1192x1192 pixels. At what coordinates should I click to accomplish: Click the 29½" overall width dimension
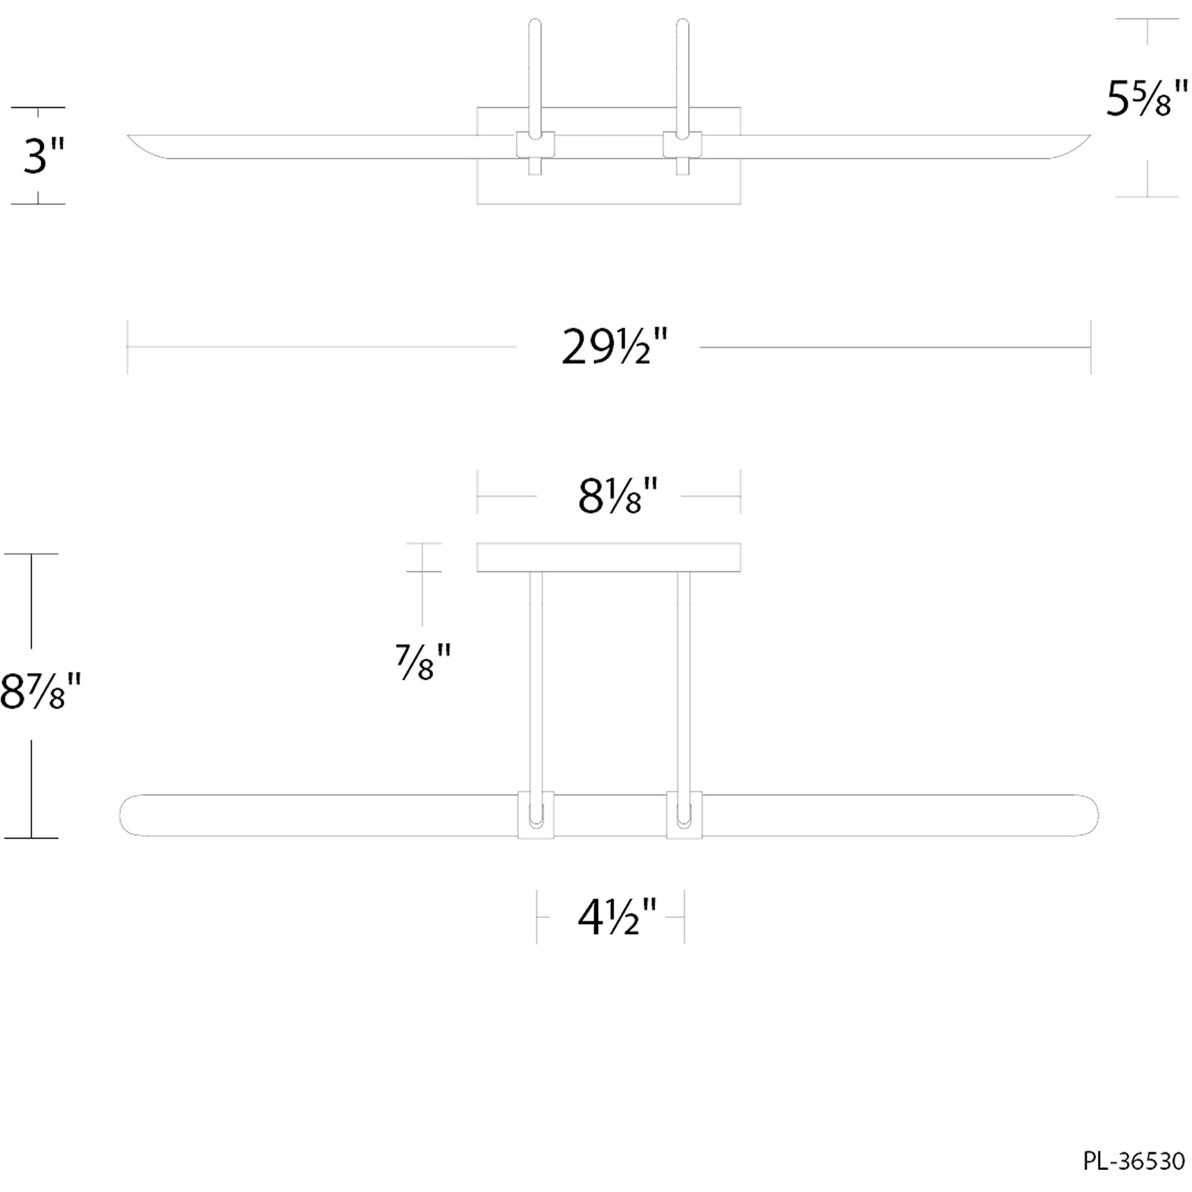coord(614,348)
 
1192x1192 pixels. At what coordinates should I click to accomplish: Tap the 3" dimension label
coord(44,156)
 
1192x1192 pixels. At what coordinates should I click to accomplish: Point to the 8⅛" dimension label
coord(617,497)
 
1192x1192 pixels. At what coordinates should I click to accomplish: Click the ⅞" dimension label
coord(423,661)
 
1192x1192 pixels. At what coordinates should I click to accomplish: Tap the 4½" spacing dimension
coord(616,918)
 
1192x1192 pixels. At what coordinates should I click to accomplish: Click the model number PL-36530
coord(1133,1161)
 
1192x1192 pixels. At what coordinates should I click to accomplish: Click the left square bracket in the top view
coord(535,144)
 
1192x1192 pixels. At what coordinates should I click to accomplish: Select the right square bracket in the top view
coord(682,144)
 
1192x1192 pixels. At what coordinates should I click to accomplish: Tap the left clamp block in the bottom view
coord(536,815)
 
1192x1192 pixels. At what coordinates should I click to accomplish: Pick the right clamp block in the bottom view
coord(684,815)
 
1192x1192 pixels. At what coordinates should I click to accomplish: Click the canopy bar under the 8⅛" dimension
coord(608,557)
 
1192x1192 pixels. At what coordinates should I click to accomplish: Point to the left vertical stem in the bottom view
coord(536,680)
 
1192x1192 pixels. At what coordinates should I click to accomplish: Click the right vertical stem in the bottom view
coord(684,680)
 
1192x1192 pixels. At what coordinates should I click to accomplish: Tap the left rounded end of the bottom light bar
coord(131,815)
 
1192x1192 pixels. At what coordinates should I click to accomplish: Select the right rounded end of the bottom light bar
coord(1087,815)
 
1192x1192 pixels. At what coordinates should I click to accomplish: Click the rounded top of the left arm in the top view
coord(535,25)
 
